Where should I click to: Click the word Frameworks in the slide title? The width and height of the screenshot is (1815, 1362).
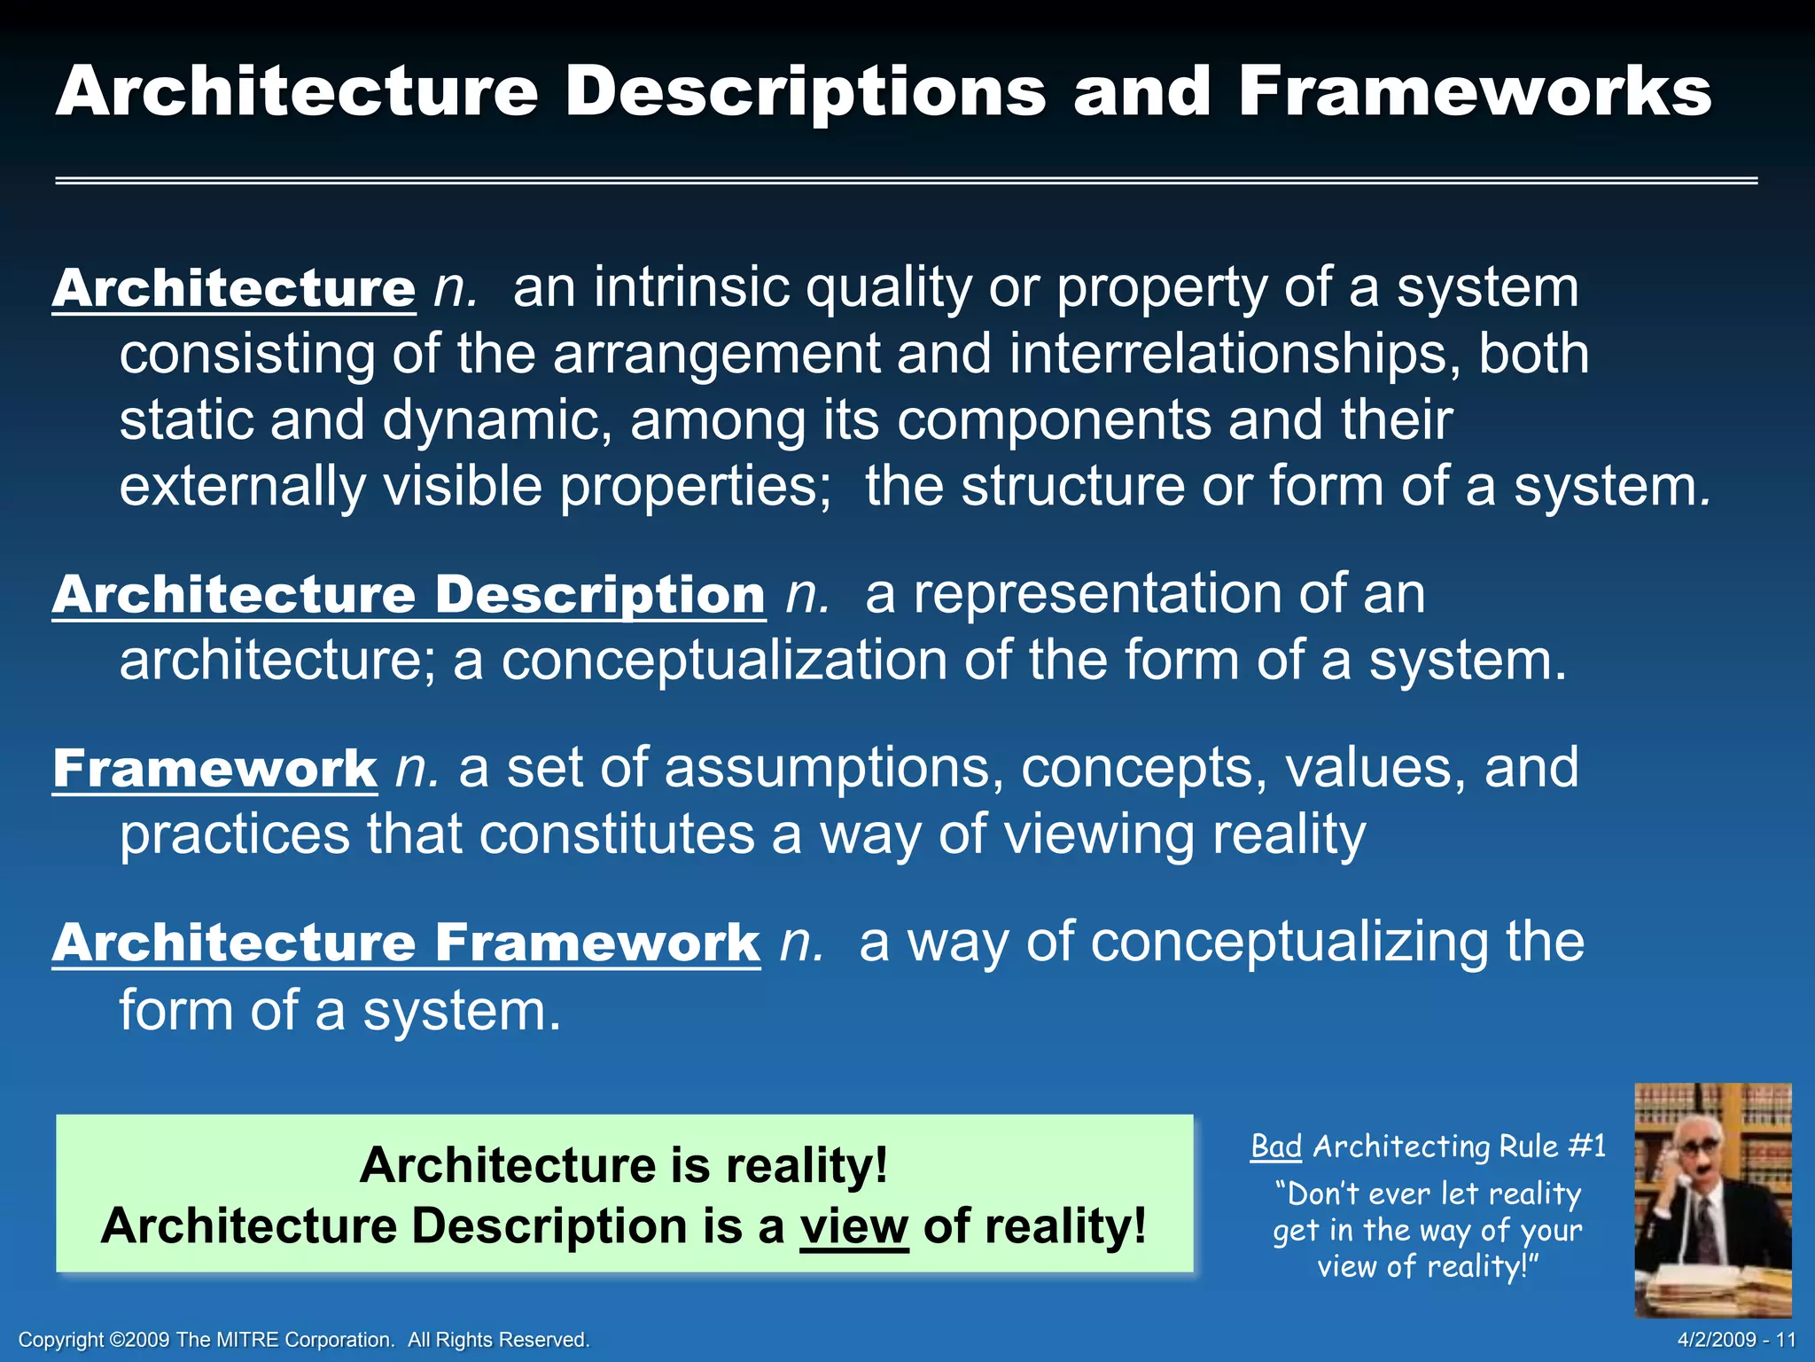(x=1475, y=92)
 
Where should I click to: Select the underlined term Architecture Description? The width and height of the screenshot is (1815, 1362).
(x=409, y=594)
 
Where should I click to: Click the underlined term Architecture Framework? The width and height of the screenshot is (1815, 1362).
(x=406, y=943)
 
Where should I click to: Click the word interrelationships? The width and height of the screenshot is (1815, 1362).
(x=1234, y=355)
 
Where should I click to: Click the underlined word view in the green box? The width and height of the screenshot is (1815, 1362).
(x=853, y=1227)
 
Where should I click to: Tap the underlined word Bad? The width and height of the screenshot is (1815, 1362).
(x=1275, y=1147)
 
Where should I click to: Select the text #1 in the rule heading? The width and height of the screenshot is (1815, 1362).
(x=1586, y=1147)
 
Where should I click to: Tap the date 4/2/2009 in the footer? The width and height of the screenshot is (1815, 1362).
(x=1718, y=1340)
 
